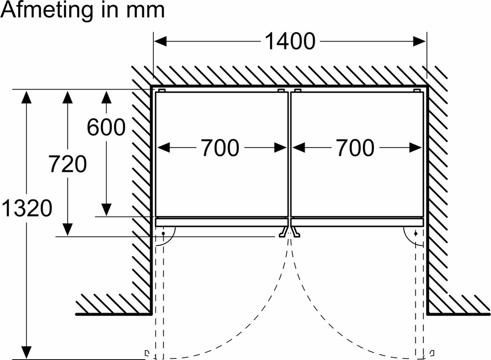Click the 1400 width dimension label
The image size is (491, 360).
[x=290, y=41]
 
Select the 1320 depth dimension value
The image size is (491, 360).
[x=27, y=208]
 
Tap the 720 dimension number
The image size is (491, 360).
[x=68, y=164]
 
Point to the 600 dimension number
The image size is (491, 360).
[x=106, y=127]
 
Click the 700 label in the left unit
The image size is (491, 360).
[x=220, y=148]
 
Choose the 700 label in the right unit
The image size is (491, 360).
[x=355, y=148]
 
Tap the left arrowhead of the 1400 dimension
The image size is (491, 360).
[x=160, y=41]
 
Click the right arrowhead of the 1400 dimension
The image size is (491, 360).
[x=419, y=41]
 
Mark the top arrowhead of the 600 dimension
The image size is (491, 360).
[x=106, y=97]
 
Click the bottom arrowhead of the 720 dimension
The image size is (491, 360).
[x=67, y=229]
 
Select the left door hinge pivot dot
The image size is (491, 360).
[x=163, y=234]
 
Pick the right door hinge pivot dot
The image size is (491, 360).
[x=416, y=234]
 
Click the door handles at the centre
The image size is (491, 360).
[x=289, y=232]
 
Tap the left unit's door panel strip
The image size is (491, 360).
[x=221, y=222]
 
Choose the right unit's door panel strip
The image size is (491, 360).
[x=357, y=222]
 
